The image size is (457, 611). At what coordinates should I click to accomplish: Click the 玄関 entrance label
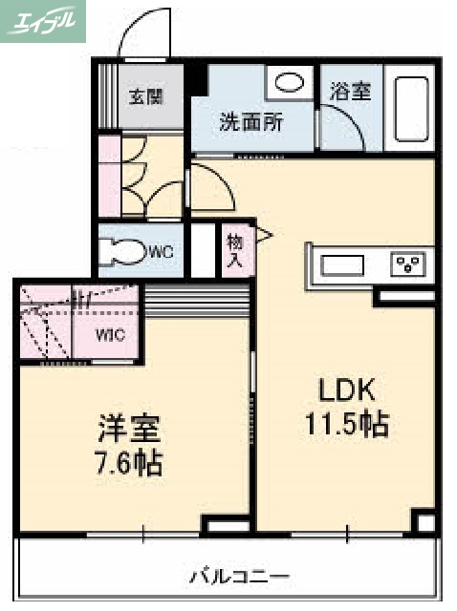coord(146,95)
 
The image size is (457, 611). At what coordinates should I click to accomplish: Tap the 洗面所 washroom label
coord(251,123)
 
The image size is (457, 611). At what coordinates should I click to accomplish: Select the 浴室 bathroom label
coord(350,92)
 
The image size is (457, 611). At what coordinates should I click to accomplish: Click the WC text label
coord(160,252)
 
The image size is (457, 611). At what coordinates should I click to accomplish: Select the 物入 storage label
coord(234,250)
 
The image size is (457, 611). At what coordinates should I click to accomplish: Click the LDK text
coord(348,391)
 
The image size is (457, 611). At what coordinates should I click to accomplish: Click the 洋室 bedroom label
coord(127,426)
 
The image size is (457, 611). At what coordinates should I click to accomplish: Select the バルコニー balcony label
coord(238,577)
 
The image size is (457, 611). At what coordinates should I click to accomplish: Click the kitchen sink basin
coord(341,263)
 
